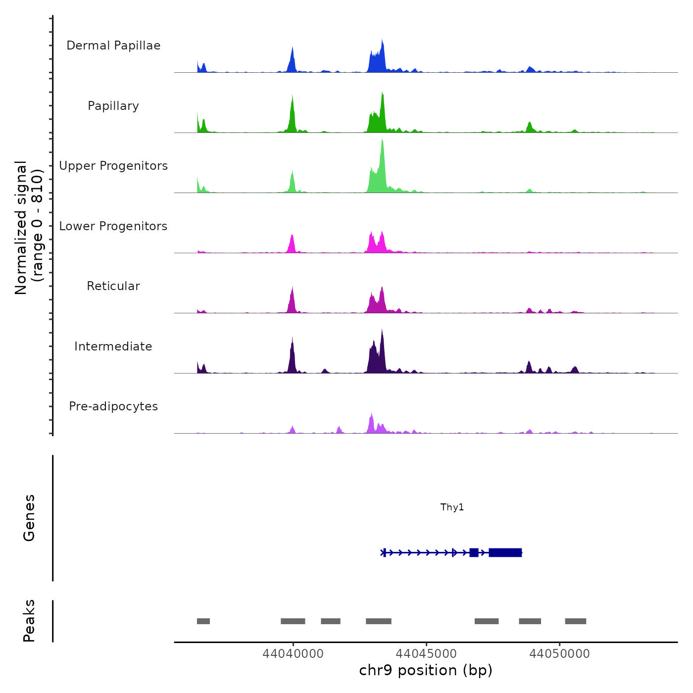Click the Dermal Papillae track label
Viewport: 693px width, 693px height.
(113, 46)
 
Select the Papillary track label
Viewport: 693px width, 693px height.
(113, 106)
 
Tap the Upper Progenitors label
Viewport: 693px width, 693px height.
(113, 166)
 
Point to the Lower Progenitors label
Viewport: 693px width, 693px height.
(113, 226)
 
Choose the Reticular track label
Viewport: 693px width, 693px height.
(113, 286)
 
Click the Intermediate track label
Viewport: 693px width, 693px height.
(113, 346)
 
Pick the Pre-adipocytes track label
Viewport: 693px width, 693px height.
(113, 406)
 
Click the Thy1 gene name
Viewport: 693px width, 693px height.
(452, 507)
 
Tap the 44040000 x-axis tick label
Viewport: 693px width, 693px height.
(293, 653)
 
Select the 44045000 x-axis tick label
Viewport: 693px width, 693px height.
(426, 653)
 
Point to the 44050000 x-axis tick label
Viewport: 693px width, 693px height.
(559, 653)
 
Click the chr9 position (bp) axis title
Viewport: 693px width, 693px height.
(426, 670)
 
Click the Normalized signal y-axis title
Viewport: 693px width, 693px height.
(29, 228)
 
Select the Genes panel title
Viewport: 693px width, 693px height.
(29, 518)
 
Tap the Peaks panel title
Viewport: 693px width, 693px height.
(29, 621)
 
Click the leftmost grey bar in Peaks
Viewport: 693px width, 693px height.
(203, 621)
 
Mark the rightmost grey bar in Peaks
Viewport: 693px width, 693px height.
(576, 621)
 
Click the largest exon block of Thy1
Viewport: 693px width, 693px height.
(505, 552)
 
